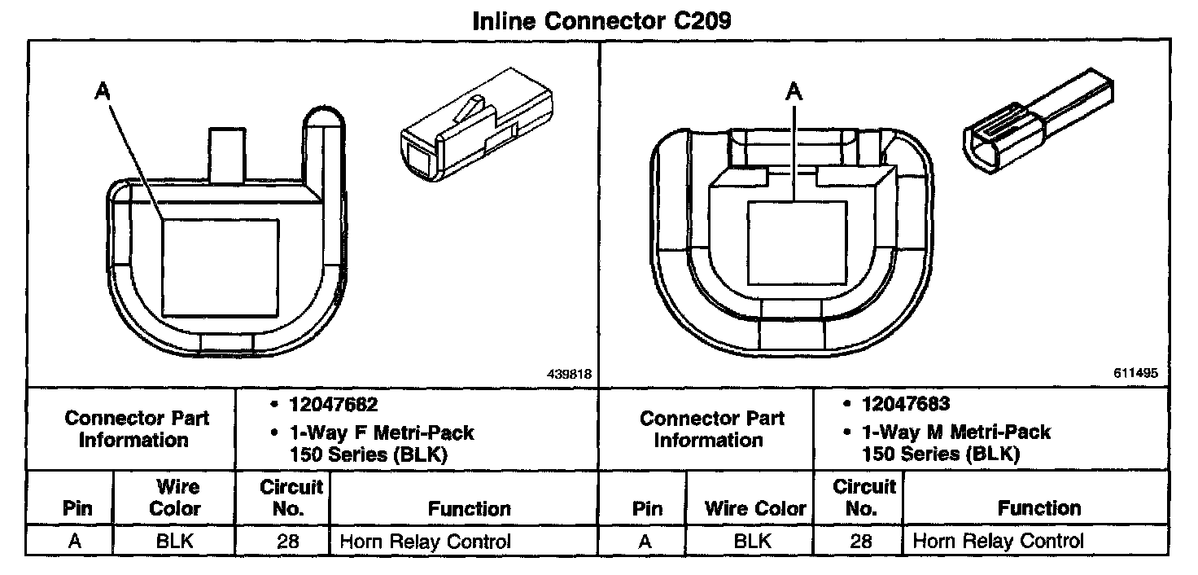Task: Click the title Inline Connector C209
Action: [601, 20]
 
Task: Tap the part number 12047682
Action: [333, 405]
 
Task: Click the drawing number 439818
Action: [568, 374]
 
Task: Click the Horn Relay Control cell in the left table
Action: [425, 542]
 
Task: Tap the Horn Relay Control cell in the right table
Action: [999, 541]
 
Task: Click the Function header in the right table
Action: [1039, 509]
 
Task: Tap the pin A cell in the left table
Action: [74, 542]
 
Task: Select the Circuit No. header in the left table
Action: [291, 498]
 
